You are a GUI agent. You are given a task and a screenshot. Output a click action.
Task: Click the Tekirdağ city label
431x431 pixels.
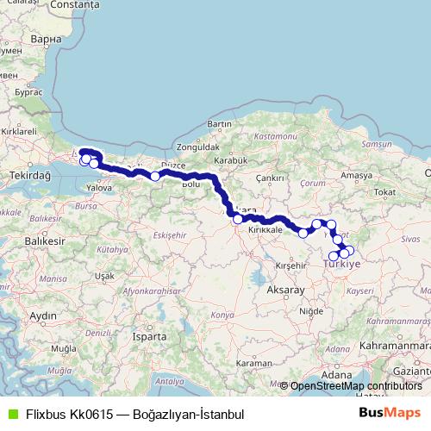[x=30, y=174]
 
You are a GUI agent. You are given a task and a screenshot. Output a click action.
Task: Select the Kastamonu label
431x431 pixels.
[x=275, y=137]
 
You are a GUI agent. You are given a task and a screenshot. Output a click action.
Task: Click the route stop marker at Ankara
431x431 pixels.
[x=238, y=219]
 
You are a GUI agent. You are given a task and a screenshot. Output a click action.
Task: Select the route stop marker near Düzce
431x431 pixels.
[x=155, y=176]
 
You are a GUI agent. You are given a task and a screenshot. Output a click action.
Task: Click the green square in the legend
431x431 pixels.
[x=9, y=414]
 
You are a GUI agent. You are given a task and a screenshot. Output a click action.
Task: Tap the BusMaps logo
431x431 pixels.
[x=389, y=413]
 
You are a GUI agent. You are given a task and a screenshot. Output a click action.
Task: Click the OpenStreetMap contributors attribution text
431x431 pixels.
[x=356, y=386]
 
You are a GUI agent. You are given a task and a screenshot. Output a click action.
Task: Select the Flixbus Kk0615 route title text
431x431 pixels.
[x=129, y=414]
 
